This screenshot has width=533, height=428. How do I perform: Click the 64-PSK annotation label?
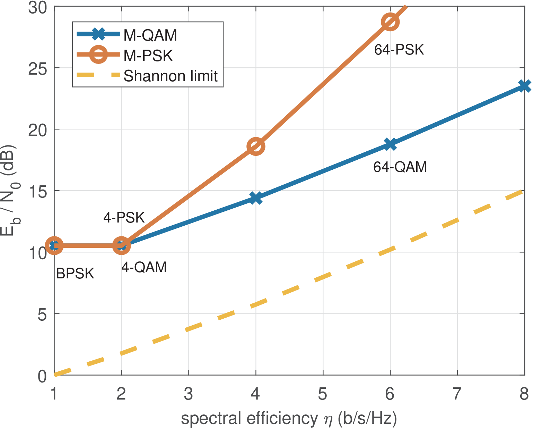point(399,50)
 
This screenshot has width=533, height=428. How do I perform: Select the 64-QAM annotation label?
point(400,167)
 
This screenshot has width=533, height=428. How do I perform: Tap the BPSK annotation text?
point(75,274)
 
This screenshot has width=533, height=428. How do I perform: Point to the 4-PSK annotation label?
point(124,218)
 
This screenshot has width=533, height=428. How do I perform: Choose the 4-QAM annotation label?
point(144,267)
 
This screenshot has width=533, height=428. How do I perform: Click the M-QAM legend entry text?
point(150,35)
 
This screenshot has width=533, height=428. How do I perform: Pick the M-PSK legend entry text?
point(148,56)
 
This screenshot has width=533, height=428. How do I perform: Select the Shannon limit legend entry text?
point(171,76)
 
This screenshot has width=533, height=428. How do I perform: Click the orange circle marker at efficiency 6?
point(390,22)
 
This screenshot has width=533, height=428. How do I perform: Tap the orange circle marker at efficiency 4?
point(256,146)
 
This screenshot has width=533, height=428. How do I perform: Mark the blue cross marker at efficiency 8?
point(524,86)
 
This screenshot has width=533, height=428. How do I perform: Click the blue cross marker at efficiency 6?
point(390,144)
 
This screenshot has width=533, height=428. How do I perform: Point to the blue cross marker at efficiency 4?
point(256,198)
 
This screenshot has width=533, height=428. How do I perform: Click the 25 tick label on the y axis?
point(38,68)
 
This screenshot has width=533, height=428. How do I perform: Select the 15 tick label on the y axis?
point(38,191)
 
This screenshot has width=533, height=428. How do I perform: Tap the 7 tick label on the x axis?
point(457,394)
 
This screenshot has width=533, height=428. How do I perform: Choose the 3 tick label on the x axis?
point(189,394)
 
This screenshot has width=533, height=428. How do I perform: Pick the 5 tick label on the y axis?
point(42,314)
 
